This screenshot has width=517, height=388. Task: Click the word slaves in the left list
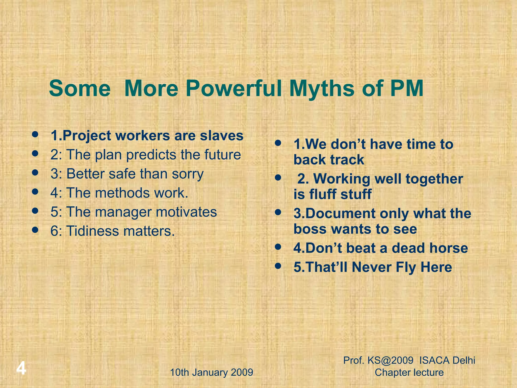pos(222,136)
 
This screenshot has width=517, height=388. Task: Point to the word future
pos(222,155)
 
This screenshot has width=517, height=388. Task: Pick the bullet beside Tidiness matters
pos(35,230)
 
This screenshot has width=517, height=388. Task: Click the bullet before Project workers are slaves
pos(35,134)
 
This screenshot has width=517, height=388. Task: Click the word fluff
pos(323,194)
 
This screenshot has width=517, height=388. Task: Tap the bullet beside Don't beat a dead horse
pos(278,247)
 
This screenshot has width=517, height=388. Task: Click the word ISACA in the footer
pos(434,360)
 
